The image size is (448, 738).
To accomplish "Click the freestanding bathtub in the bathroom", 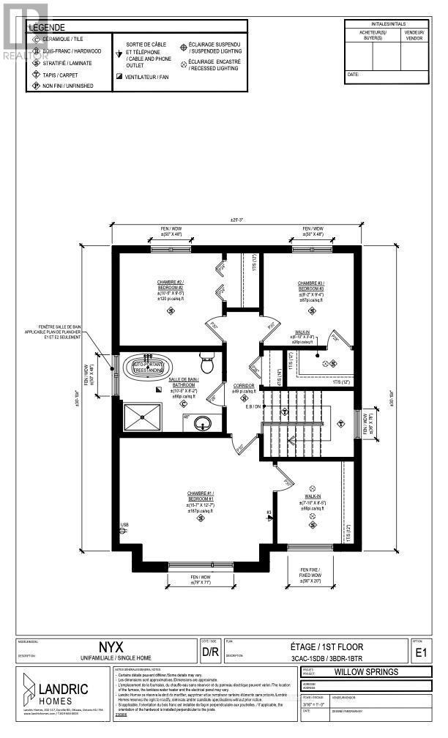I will pyautogui.click(x=152, y=366).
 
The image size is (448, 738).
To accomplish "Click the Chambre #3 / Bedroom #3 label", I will pyautogui.click(x=310, y=286).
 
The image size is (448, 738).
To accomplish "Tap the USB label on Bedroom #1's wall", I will pyautogui.click(x=124, y=526).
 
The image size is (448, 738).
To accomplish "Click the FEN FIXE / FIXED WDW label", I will pyautogui.click(x=310, y=571).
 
